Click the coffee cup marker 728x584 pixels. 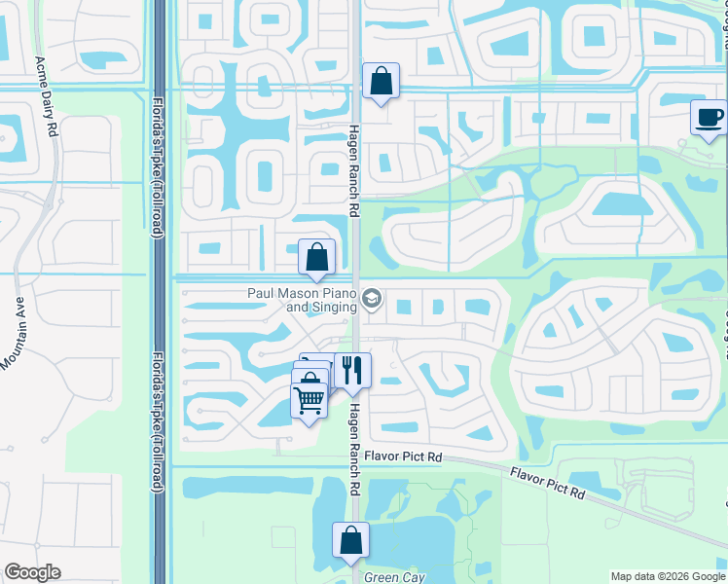pos(709,118)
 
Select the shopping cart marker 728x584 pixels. pos(309,400)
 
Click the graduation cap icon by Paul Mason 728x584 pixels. pos(371,297)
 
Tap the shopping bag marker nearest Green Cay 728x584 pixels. pos(350,540)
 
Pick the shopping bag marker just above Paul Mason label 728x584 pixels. pos(317,258)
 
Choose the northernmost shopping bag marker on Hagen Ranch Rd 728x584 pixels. pos(381,82)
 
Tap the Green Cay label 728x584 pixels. pos(393,577)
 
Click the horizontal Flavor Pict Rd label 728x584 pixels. pos(403,456)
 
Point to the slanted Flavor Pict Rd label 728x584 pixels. pos(547,482)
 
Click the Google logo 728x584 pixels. pos(32,572)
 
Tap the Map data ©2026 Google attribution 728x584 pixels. pos(667,576)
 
